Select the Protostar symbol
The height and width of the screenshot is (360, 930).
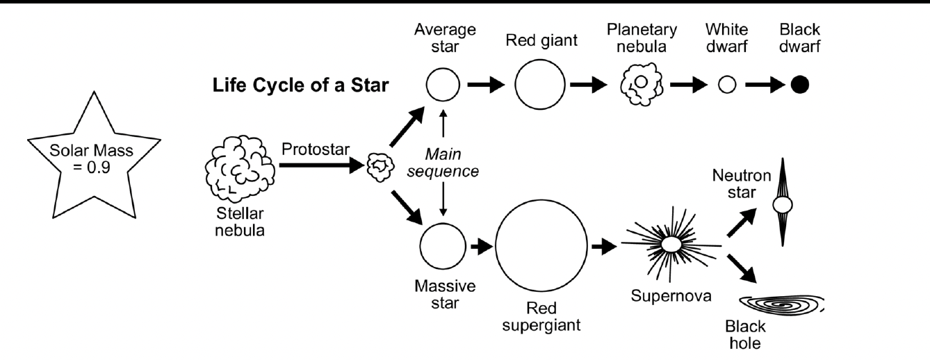pos(378,167)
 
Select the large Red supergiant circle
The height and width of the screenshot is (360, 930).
pos(541,246)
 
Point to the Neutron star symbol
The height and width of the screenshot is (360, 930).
pos(783,204)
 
